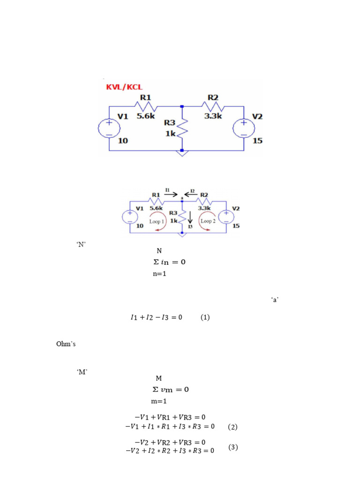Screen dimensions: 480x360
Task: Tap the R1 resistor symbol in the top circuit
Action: (x=145, y=107)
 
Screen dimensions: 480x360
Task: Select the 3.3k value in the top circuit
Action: (x=213, y=116)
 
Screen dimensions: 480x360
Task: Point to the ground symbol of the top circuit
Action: (x=181, y=152)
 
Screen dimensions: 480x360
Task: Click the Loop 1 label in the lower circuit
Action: (x=157, y=221)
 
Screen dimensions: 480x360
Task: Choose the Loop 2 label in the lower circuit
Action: (x=208, y=221)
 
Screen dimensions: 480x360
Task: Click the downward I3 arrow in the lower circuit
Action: (x=189, y=218)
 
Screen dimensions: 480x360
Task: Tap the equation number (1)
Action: (x=205, y=317)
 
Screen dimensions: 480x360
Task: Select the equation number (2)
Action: (x=232, y=427)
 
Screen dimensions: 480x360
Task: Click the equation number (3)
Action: (x=233, y=447)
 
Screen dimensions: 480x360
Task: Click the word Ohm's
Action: (x=66, y=345)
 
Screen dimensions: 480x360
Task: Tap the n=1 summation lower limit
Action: (x=159, y=274)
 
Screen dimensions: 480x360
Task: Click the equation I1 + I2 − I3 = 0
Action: (x=156, y=317)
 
